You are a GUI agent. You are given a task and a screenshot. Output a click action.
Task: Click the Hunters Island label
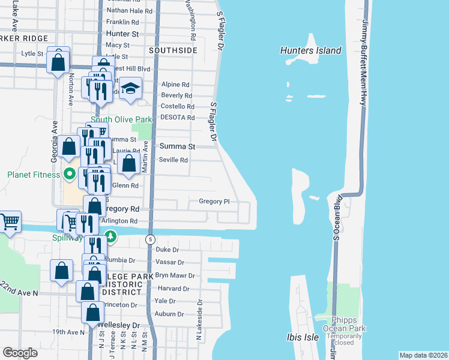[x=310, y=50]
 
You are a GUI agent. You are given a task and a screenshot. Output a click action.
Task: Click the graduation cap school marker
[x=129, y=89]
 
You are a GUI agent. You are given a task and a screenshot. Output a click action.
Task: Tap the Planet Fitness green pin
[x=70, y=175]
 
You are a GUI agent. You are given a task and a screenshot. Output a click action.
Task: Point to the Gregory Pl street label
[x=214, y=202]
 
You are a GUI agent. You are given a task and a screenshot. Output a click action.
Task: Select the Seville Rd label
[x=173, y=160]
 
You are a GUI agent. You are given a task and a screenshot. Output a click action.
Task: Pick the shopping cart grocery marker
[x=10, y=222]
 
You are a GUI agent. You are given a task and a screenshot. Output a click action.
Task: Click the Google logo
[x=20, y=353]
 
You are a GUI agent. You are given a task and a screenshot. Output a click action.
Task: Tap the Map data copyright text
[x=423, y=355]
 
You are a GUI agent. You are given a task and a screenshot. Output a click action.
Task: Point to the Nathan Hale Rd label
[x=128, y=11]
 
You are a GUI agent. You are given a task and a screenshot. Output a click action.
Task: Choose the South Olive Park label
[x=121, y=120]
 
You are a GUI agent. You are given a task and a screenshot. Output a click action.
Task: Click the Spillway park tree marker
[x=110, y=238]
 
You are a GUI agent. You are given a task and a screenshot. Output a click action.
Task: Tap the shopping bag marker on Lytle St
[x=58, y=61]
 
